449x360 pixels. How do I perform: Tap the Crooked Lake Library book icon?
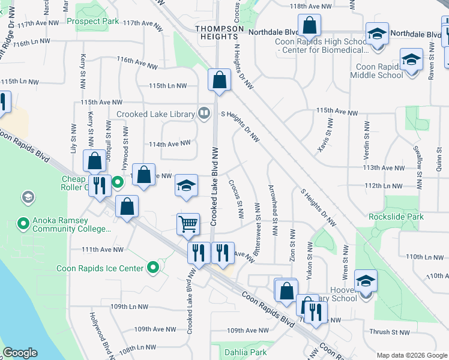pos(204,113)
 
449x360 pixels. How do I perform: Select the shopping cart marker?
pos(188,224)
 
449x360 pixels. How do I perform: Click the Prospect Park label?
pos(93,21)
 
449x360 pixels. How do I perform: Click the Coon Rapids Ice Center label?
pos(100,268)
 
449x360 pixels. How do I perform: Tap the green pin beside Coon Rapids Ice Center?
pos(154,268)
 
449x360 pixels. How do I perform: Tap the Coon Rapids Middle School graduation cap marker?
pos(411,60)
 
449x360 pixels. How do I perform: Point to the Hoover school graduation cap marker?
pos(365,281)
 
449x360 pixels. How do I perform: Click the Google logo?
pos(20,353)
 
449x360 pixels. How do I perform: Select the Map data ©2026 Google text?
pos(412,355)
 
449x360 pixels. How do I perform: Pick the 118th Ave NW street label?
pos(310,5)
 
